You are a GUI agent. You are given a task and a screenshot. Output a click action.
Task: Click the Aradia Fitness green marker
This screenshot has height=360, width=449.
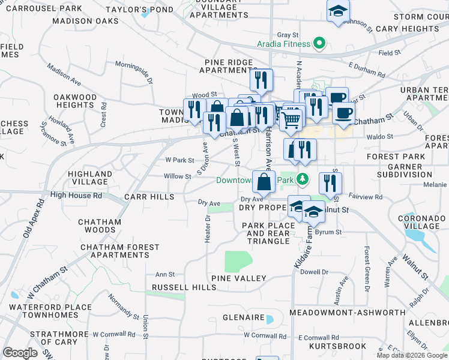click(320, 44)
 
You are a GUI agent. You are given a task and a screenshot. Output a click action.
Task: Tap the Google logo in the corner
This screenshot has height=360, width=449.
click(20, 353)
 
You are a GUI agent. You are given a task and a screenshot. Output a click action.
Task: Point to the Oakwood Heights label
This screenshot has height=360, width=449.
click(75, 101)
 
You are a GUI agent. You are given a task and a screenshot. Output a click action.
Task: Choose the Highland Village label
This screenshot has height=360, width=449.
click(90, 178)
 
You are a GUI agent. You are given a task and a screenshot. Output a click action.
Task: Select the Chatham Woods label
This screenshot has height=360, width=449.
click(100, 226)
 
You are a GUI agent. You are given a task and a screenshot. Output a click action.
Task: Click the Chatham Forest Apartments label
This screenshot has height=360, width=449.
click(120, 251)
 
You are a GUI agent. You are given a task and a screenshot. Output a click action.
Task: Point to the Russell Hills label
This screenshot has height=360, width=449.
click(184, 287)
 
